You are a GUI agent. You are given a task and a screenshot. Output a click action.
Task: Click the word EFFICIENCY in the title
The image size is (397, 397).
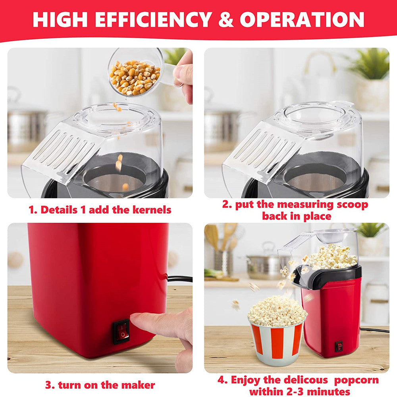(152, 19)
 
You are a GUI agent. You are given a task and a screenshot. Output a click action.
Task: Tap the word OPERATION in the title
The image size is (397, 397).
(302, 19)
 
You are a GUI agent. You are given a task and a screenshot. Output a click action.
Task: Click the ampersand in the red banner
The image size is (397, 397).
(226, 19)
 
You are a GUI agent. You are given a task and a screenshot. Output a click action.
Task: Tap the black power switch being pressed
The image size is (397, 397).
(121, 331)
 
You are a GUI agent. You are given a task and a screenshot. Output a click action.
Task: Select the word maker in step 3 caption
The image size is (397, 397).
(139, 385)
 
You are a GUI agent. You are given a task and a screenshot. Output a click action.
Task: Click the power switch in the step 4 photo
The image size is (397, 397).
(339, 346)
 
